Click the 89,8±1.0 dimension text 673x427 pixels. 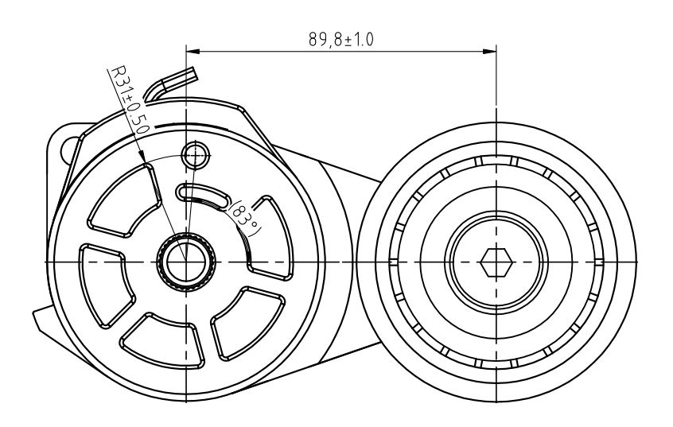pyautogui.click(x=340, y=40)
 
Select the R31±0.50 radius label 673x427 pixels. pyautogui.click(x=129, y=100)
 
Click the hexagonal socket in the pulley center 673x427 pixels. pyautogui.click(x=496, y=262)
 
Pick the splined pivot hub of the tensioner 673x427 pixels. pyautogui.click(x=186, y=262)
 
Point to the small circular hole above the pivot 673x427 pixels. pyautogui.click(x=195, y=155)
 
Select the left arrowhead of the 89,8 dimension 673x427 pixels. pyautogui.click(x=193, y=52)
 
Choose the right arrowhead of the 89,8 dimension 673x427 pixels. pyautogui.click(x=489, y=52)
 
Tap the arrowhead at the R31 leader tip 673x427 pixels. pyautogui.click(x=142, y=157)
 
